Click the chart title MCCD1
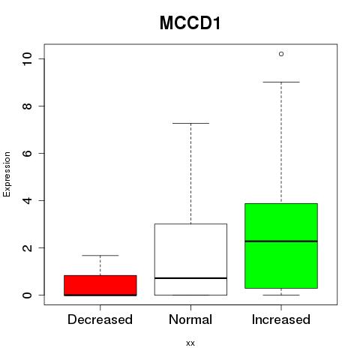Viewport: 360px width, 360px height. pos(190,23)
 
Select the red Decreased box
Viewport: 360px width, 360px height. pos(100,286)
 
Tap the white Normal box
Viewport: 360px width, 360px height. pos(190,259)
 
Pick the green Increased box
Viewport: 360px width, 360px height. pos(281,246)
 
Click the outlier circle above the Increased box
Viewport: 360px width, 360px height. pos(281,54)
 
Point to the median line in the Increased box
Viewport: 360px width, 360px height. pos(281,241)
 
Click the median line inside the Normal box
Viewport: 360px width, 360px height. pos(190,278)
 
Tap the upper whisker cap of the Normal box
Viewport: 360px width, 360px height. pos(190,123)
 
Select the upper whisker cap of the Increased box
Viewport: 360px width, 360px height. pos(281,82)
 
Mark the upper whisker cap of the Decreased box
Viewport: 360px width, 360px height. pos(100,256)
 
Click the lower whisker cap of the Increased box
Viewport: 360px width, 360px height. pos(281,295)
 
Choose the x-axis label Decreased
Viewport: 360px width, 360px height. pos(100,319)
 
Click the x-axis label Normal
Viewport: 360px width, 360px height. pos(190,319)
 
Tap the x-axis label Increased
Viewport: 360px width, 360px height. pos(281,319)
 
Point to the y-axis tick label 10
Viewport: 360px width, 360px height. pos(27,59)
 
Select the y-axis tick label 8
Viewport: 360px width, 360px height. pos(27,106)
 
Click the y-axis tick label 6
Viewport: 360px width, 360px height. pos(27,153)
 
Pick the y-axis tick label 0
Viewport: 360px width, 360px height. pos(27,295)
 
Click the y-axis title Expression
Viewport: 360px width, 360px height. pos(7,174)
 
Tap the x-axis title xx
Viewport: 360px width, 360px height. pos(190,343)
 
